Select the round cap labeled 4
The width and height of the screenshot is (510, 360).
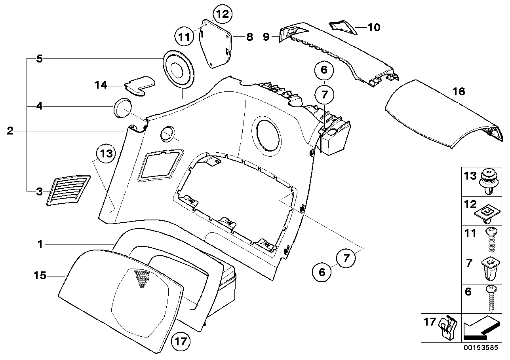point(122,108)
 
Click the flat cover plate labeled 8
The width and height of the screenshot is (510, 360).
point(216,44)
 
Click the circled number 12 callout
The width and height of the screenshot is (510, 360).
point(223,15)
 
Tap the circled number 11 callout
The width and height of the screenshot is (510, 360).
point(183,38)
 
